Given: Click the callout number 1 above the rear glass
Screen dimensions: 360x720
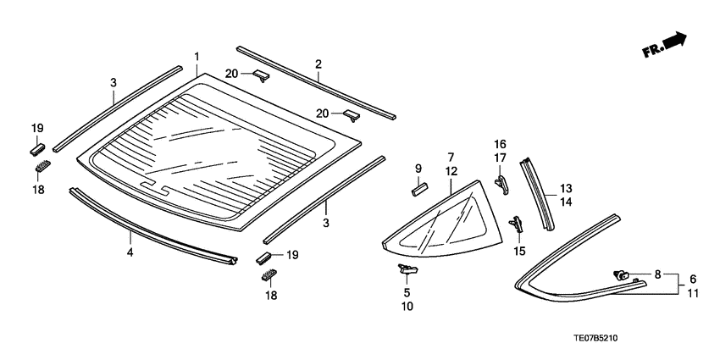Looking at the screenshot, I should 197,57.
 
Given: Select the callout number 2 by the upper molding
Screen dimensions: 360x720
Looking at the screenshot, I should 318,64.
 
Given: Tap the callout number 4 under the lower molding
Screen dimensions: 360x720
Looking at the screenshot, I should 130,252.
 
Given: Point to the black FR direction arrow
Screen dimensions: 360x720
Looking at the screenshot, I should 674,42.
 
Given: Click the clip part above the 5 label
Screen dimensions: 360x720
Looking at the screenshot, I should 407,269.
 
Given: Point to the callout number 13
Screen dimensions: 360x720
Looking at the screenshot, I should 565,187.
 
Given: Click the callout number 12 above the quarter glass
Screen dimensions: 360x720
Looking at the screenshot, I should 451,170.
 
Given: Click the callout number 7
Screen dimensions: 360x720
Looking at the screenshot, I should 451,157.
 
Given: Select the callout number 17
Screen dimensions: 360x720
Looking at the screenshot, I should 500,158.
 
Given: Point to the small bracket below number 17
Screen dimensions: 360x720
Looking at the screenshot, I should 502,180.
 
